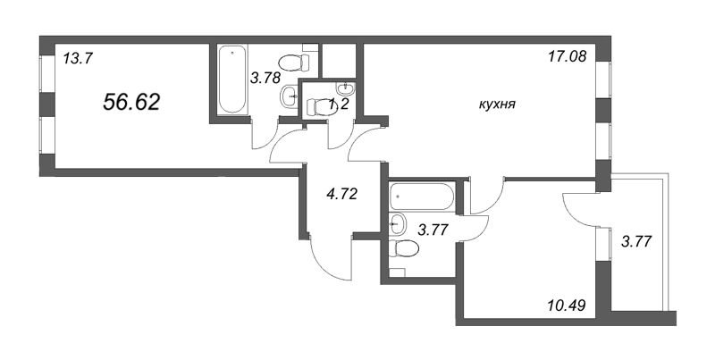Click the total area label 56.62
(x=131, y=102)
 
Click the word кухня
(x=498, y=105)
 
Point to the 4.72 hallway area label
(x=341, y=195)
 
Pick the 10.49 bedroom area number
(x=566, y=304)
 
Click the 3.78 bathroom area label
(x=265, y=78)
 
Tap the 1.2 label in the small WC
(x=339, y=105)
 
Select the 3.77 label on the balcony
(x=636, y=240)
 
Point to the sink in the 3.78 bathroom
(x=289, y=96)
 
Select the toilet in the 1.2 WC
(x=321, y=107)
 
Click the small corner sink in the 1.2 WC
(x=347, y=87)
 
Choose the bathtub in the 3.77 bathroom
(x=423, y=197)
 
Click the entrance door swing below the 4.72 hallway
(x=330, y=256)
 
